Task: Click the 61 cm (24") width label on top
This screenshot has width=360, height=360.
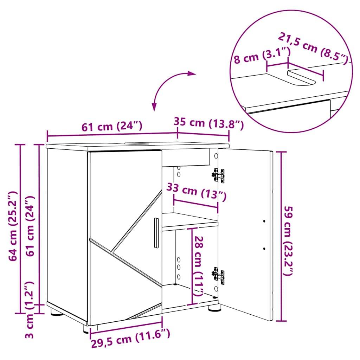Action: pyautogui.click(x=112, y=126)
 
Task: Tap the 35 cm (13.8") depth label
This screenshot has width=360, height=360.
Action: pyautogui.click(x=208, y=123)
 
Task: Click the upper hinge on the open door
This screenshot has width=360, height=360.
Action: pyautogui.click(x=218, y=175)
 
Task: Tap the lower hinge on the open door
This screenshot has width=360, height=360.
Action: pyautogui.click(x=218, y=275)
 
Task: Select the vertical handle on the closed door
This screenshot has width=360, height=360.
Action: pyautogui.click(x=156, y=233)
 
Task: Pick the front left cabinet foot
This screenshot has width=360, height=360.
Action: pyautogui.click(x=86, y=329)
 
